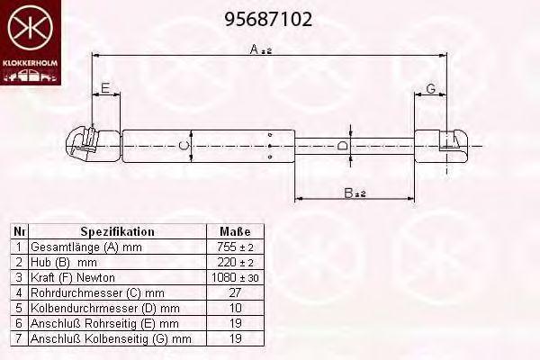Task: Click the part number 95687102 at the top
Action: [268, 19]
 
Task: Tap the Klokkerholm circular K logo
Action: [31, 28]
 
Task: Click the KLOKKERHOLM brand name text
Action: [31, 63]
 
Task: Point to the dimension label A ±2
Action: [261, 49]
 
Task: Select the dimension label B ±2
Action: [355, 193]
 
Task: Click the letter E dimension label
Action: [105, 88]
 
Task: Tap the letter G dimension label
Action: [431, 88]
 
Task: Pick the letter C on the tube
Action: [184, 146]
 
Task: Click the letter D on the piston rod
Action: [342, 146]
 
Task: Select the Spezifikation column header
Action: [117, 231]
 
